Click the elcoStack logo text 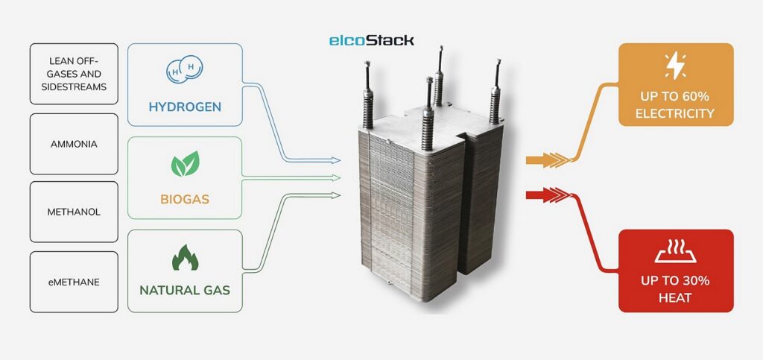click(x=371, y=40)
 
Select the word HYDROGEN click(x=185, y=107)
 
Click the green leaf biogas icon click(x=185, y=164)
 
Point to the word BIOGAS click(x=185, y=200)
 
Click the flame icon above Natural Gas click(x=185, y=257)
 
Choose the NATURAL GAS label click(x=185, y=289)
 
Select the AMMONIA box click(x=74, y=145)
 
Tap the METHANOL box click(x=74, y=212)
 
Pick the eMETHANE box click(x=74, y=282)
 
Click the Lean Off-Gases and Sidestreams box click(x=74, y=75)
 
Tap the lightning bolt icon click(x=675, y=66)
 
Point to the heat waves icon click(x=675, y=252)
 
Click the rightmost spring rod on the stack click(x=494, y=93)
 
